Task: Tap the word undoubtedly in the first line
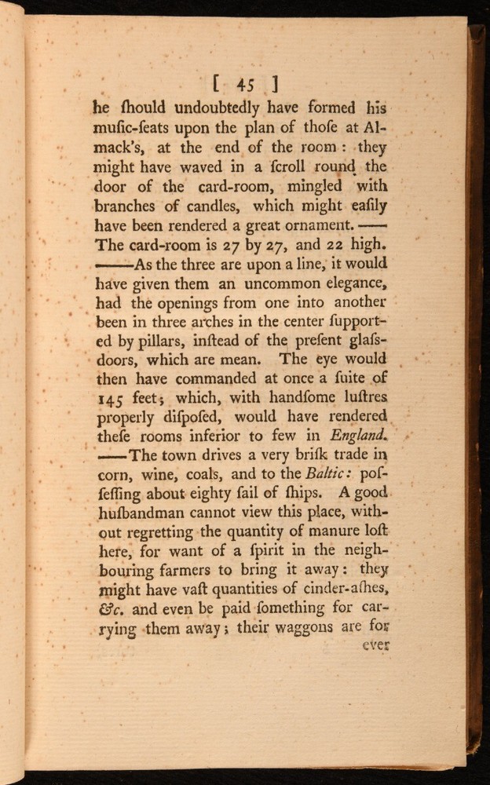tap(185, 108)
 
